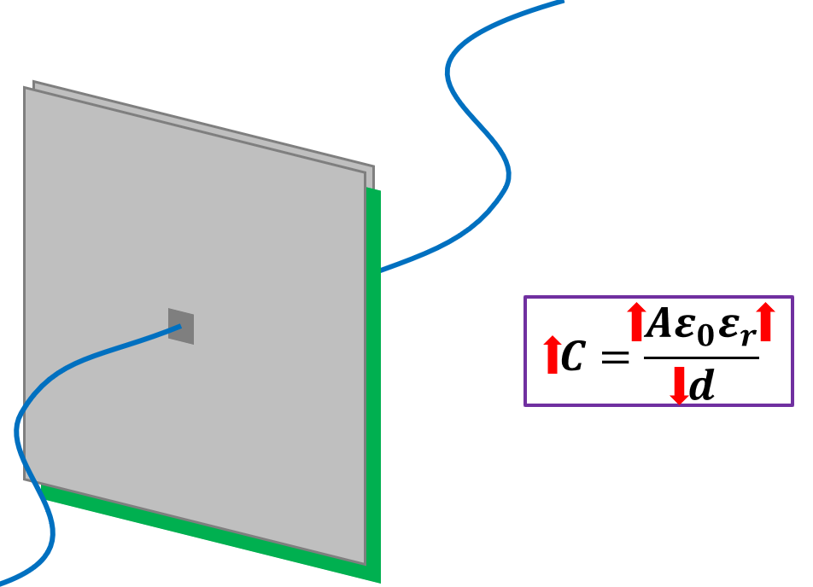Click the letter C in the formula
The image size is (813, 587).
point(572,357)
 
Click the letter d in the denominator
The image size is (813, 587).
point(701,386)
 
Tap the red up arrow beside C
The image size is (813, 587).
point(552,354)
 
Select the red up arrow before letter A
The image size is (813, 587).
point(635,323)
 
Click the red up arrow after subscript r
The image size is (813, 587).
point(764,323)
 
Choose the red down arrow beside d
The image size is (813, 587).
point(679,386)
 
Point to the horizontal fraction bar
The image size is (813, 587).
point(700,357)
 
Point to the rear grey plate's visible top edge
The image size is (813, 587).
point(205,124)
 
